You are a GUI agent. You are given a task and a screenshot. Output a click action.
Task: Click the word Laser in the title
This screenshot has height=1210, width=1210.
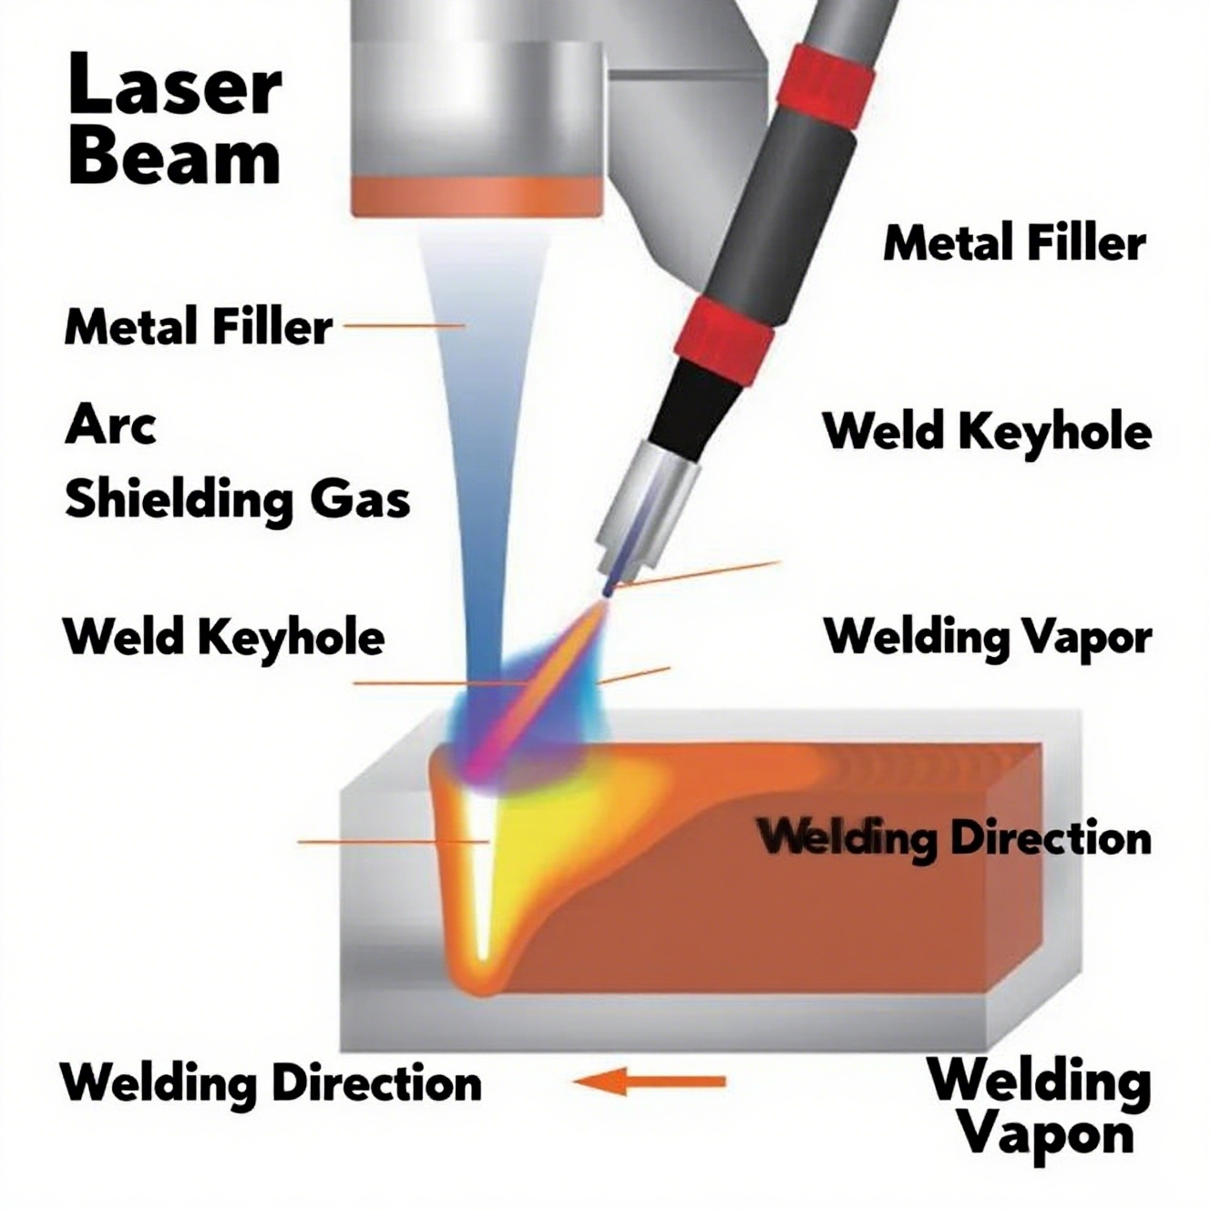(x=174, y=85)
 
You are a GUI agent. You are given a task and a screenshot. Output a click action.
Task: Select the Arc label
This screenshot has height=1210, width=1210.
(x=110, y=426)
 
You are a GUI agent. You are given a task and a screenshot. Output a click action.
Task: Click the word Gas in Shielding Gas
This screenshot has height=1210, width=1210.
(x=361, y=499)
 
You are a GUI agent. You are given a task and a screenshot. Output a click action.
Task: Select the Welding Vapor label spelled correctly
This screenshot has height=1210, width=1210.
(x=988, y=637)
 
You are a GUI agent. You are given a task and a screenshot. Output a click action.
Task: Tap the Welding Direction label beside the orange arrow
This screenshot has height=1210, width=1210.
(x=271, y=1083)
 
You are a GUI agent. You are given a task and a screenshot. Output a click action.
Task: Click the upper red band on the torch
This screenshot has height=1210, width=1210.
(x=828, y=87)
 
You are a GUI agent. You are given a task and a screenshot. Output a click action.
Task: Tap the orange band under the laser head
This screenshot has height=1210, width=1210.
(x=477, y=196)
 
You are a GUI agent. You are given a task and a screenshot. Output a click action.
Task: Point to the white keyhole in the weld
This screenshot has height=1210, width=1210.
(x=478, y=875)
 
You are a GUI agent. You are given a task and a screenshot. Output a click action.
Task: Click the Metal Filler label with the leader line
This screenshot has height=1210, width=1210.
(x=199, y=326)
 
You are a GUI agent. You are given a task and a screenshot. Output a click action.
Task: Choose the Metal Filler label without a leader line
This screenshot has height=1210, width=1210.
(x=1014, y=243)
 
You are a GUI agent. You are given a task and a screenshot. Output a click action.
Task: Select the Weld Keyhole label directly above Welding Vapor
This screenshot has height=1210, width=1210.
(x=988, y=430)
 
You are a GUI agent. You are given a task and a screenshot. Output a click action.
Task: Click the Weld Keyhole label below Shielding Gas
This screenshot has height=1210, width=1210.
(x=224, y=636)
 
